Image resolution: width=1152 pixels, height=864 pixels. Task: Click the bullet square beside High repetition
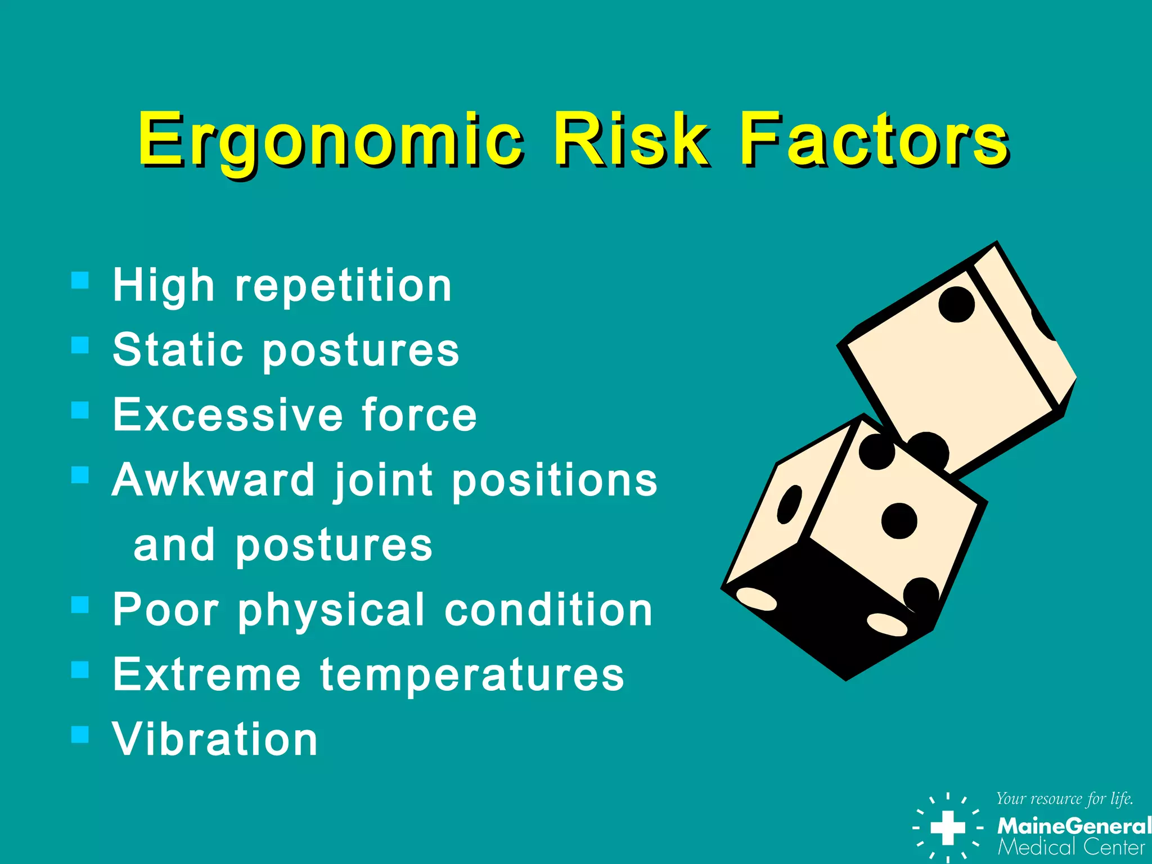[80, 280]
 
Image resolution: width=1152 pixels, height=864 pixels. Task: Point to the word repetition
[343, 285]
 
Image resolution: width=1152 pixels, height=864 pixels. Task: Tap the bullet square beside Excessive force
[80, 409]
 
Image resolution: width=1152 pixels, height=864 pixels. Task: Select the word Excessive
[228, 415]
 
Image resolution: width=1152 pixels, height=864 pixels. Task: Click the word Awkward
[214, 480]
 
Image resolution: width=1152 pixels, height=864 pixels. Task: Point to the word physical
[331, 610]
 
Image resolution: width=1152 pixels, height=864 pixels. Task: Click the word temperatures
[472, 674]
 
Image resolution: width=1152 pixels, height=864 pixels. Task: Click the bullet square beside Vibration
[80, 733]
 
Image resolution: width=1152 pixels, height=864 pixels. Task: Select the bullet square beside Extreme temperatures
[80, 669]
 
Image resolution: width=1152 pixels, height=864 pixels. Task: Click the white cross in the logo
[948, 827]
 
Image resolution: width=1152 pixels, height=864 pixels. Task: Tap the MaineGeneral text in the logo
[1073, 826]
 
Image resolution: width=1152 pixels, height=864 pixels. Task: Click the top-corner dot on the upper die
[956, 304]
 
